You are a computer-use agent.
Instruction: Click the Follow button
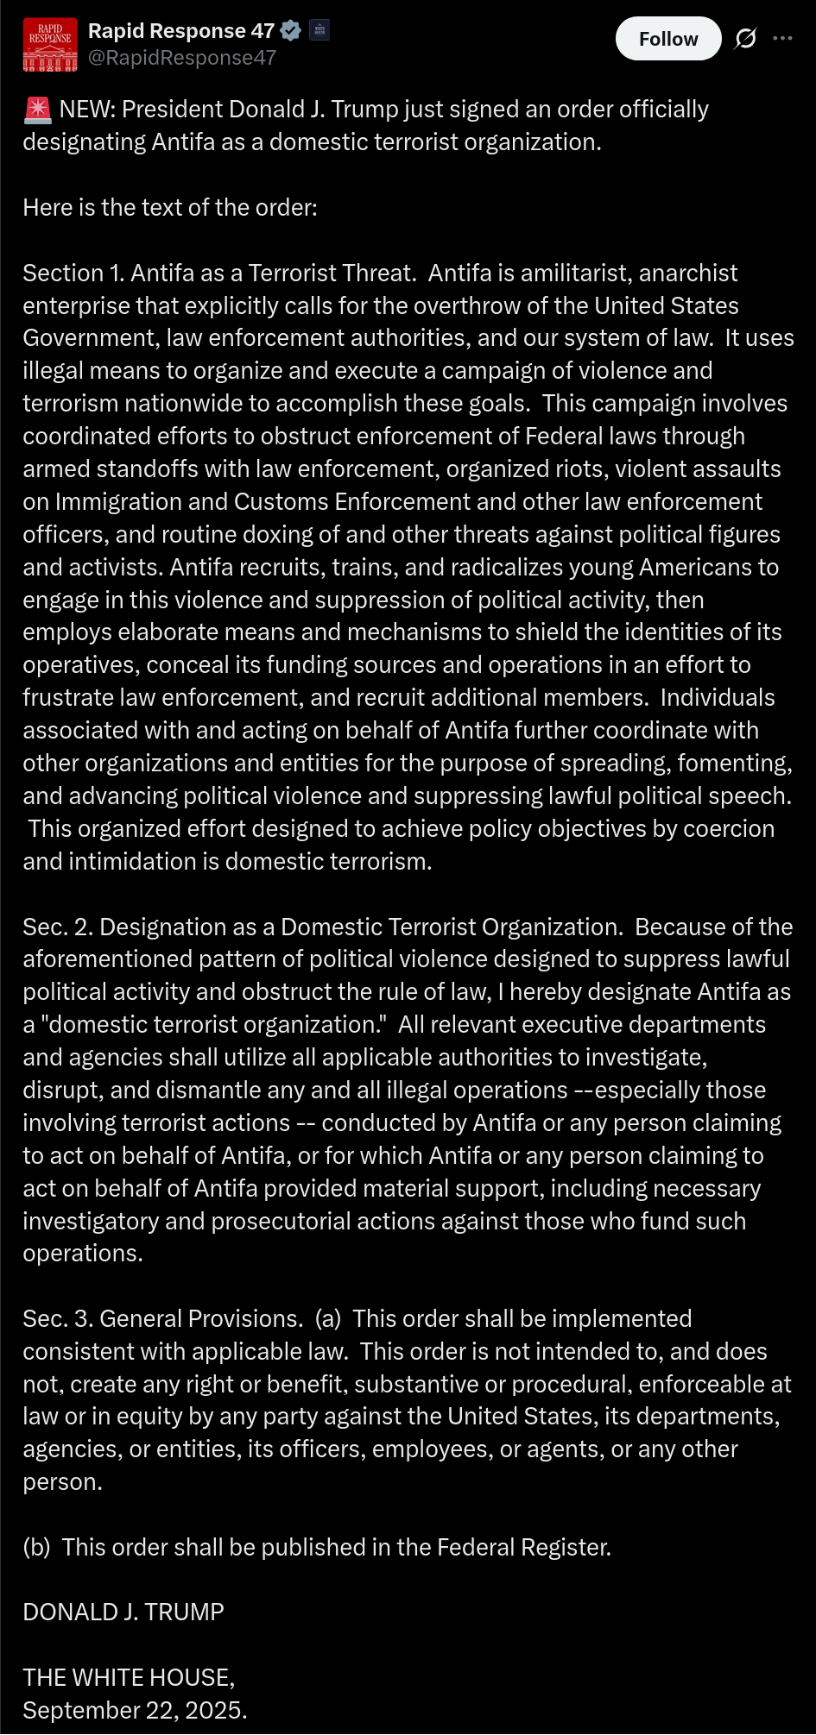click(667, 39)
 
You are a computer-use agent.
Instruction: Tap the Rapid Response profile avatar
click(50, 44)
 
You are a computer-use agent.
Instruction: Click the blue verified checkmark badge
click(291, 31)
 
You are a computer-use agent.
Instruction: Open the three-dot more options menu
click(782, 39)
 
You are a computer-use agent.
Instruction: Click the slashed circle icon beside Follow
click(745, 39)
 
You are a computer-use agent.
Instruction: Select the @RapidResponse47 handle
click(182, 58)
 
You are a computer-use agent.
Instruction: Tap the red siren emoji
click(37, 110)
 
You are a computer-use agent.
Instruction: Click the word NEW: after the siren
click(87, 110)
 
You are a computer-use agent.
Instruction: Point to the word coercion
click(729, 829)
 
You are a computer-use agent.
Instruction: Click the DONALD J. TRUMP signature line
click(123, 1612)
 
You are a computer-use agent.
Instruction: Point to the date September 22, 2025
click(135, 1711)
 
